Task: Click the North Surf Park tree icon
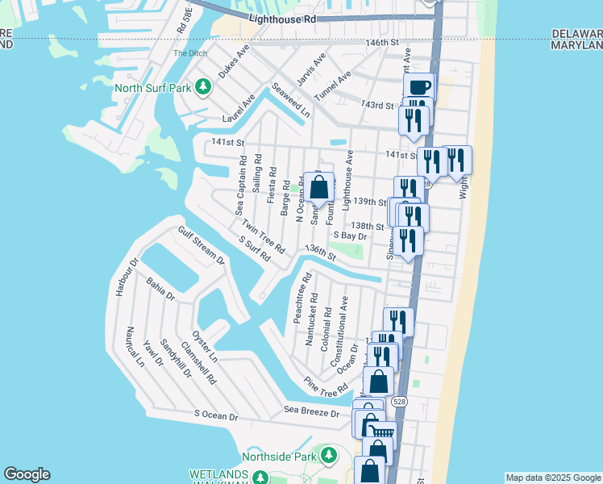click(205, 87)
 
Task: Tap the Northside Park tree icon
click(329, 457)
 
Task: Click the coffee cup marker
click(418, 87)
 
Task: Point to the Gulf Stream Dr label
click(202, 247)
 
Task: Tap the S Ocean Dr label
click(217, 416)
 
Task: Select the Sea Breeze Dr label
click(316, 411)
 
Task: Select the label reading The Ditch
click(191, 54)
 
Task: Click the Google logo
click(27, 474)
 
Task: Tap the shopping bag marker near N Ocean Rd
click(318, 187)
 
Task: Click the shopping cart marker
click(384, 434)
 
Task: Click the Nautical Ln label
click(135, 347)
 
